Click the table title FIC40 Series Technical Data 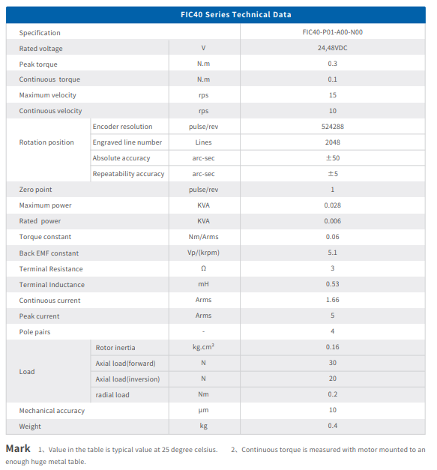point(236,15)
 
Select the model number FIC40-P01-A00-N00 point(332,32)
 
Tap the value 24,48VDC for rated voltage point(332,48)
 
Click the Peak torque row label point(38,64)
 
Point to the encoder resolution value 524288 point(332,127)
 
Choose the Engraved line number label point(127,142)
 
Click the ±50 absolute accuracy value point(333,158)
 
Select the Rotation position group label point(46,142)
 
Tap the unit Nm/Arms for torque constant point(204,237)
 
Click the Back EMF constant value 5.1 point(332,253)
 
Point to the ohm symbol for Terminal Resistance point(204,268)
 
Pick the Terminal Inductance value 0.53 point(332,284)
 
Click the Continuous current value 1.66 point(332,300)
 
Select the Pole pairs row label point(34,332)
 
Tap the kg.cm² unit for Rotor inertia point(204,347)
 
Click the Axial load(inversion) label point(127,379)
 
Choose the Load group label point(27,372)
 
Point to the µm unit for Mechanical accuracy point(204,410)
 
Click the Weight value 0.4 point(332,426)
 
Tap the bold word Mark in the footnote point(18,448)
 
